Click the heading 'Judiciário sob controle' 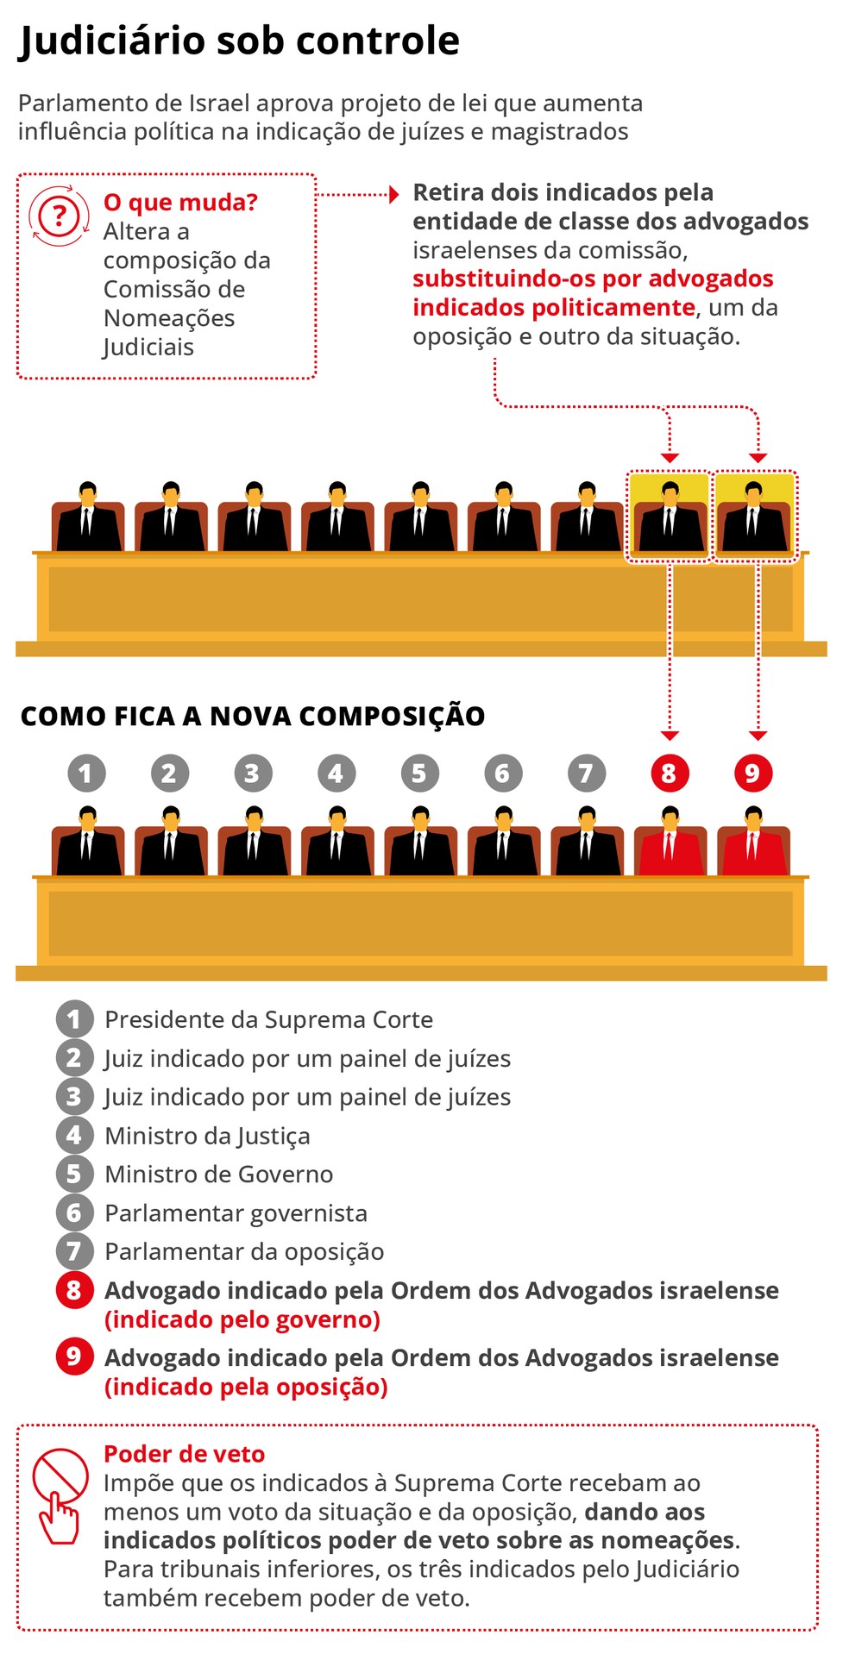tap(239, 41)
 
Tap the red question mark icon tap(59, 215)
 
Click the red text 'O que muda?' tap(180, 203)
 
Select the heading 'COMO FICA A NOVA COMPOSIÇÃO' tap(253, 716)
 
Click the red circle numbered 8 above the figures tap(670, 773)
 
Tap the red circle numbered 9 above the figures tap(753, 773)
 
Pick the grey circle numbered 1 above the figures tap(86, 773)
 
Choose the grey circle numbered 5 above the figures tap(419, 773)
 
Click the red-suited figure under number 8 tap(670, 842)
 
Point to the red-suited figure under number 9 tap(753, 842)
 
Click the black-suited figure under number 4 tap(336, 842)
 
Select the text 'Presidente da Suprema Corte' tap(268, 1019)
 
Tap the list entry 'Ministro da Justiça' tap(207, 1137)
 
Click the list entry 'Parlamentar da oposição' tap(244, 1252)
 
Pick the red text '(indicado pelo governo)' tap(242, 1320)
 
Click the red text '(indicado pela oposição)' tap(246, 1388)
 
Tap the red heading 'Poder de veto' tap(184, 1454)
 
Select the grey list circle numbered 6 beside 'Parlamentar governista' tap(74, 1213)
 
